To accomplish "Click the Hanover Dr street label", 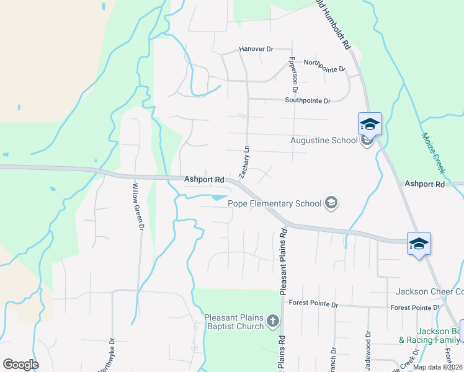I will pos(256,48).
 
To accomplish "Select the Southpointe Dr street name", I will pos(308,100).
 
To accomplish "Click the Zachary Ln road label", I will pos(245,160).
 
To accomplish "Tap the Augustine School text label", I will pos(324,140).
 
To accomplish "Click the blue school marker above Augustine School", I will pos(370,123).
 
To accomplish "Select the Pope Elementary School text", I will pos(275,203).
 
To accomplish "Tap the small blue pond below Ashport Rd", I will pos(219,198).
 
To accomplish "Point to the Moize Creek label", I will pos(434,152).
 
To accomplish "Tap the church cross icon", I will pos(272,321).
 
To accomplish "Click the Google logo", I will pos(20,365).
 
